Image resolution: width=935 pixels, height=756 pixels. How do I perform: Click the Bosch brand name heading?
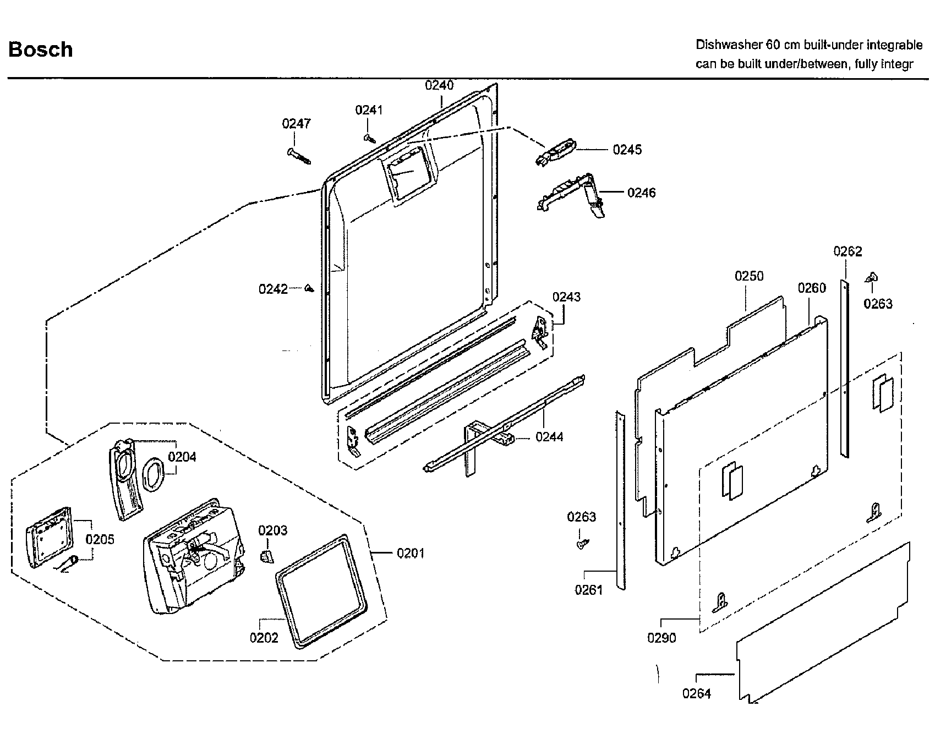41,50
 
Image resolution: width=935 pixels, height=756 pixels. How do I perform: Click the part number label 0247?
297,124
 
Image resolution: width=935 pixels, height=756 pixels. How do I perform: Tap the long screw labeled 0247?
299,156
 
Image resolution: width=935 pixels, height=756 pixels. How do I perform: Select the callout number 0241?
369,110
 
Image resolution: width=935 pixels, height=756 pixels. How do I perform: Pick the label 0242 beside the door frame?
273,289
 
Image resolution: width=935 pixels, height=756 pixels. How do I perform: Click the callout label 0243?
566,297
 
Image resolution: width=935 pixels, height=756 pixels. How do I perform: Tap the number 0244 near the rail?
549,437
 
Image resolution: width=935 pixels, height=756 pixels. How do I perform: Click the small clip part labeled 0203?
266,556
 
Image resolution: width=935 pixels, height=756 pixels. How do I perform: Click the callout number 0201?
411,553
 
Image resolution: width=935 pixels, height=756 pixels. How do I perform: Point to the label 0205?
100,539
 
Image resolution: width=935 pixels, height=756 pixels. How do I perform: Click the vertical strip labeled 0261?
620,501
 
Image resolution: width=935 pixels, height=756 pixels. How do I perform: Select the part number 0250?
749,276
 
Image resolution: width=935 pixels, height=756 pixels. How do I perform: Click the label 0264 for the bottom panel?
697,694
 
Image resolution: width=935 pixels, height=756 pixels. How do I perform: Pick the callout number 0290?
661,638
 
